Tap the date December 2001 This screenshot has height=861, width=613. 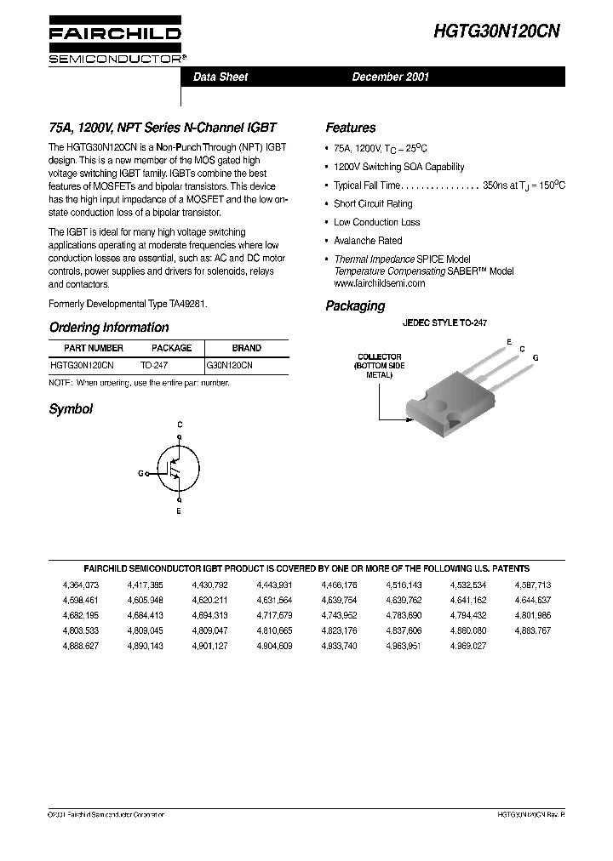click(x=391, y=77)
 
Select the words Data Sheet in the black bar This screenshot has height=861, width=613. click(x=221, y=77)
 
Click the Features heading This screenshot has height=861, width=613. click(x=350, y=128)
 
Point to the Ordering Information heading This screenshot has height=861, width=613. click(x=109, y=328)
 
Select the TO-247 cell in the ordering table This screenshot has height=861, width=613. click(x=154, y=364)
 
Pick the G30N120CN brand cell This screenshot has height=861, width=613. click(x=230, y=364)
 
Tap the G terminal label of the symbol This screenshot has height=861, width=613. click(x=140, y=472)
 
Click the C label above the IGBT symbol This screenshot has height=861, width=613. click(x=179, y=423)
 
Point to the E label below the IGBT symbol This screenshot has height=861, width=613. click(x=179, y=512)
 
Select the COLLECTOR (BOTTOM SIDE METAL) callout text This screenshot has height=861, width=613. click(x=380, y=366)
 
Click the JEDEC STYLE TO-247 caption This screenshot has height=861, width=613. click(x=444, y=323)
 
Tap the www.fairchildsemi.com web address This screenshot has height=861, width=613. click(x=379, y=282)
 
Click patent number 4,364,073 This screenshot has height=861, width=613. click(x=81, y=585)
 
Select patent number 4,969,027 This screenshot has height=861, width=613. click(x=468, y=647)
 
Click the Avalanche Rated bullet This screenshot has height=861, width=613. click(x=368, y=241)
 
